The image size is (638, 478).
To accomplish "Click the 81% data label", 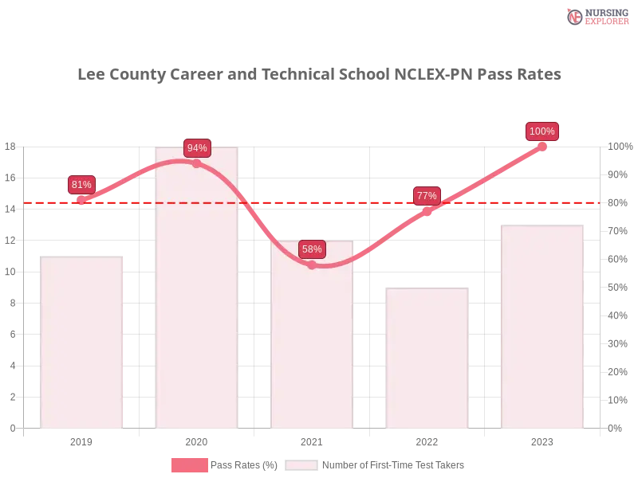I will point(81,185).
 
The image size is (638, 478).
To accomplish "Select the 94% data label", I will point(197,148).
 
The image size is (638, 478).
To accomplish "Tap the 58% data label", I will point(312,249).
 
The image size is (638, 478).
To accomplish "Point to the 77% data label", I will point(427,196).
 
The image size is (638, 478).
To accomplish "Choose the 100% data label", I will point(542,131).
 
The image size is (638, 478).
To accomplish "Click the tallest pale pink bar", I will point(197,303).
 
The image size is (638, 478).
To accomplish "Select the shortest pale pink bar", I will point(427,358).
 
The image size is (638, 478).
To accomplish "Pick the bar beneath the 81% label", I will point(82,343).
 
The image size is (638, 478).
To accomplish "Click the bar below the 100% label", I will point(542,327).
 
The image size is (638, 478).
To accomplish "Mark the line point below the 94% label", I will point(197,163).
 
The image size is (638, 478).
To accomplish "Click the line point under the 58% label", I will point(312,265).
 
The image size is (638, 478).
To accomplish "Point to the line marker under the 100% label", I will point(542,147).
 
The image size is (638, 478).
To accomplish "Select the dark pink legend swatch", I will point(189,464).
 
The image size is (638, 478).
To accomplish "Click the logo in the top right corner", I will point(596,16).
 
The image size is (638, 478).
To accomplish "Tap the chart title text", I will point(319,75).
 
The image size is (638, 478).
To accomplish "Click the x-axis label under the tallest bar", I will point(197,440).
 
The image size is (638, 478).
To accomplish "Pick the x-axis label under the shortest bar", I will point(427,440).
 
